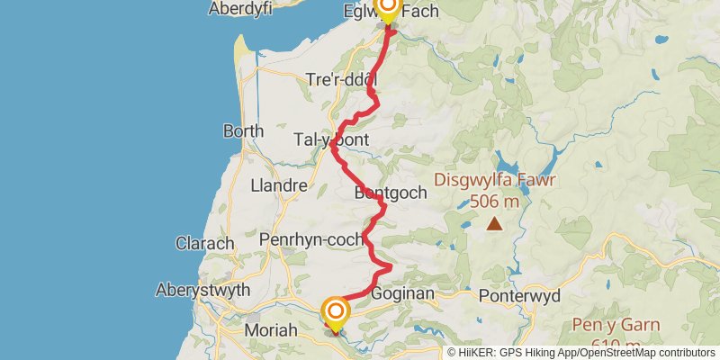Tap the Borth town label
pyautogui.click(x=243, y=130)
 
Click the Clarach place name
pyautogui.click(x=205, y=243)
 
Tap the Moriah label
pyautogui.click(x=271, y=331)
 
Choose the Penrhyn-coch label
pyautogui.click(x=310, y=240)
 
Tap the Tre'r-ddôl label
pyautogui.click(x=342, y=79)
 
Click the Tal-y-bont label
pyautogui.click(x=333, y=140)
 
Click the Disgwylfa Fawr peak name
pyautogui.click(x=495, y=179)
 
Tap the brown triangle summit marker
pyautogui.click(x=494, y=224)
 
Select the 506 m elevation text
pyautogui.click(x=494, y=202)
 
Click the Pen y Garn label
pyautogui.click(x=616, y=324)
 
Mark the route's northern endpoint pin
pyautogui.click(x=388, y=9)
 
